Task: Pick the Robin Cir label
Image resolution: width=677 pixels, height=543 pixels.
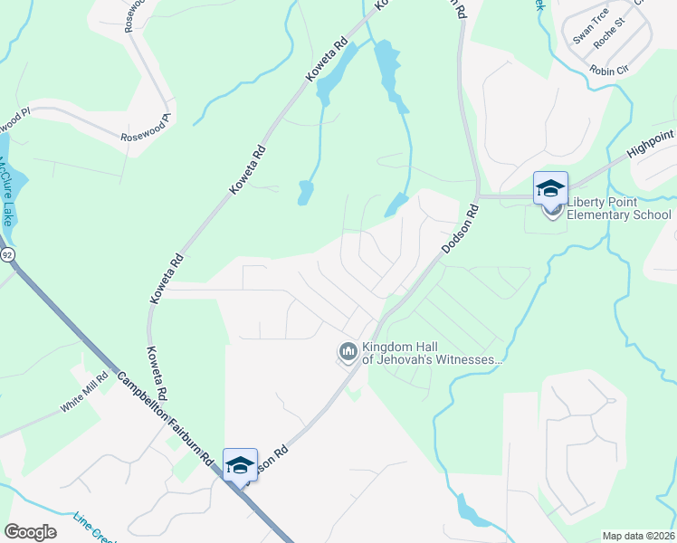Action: (x=609, y=70)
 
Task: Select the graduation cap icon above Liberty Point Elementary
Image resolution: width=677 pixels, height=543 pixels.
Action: (x=550, y=188)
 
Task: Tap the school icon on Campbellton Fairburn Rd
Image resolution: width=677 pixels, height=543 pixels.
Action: (x=240, y=465)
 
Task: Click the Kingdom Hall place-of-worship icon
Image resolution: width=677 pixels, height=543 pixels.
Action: (x=348, y=350)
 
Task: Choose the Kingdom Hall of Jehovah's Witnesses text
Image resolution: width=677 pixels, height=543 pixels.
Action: (x=431, y=353)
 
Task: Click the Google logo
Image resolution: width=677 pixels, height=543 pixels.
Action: (x=30, y=531)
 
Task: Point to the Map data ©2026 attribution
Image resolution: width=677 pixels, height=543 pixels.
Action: (x=637, y=536)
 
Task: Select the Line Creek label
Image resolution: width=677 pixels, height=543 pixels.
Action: (x=96, y=532)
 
